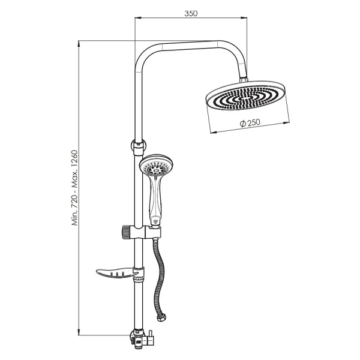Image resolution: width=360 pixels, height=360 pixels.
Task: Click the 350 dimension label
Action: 191,14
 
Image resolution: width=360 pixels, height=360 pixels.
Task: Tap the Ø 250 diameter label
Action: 250,123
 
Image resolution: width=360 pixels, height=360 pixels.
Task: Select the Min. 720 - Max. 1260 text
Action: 75,188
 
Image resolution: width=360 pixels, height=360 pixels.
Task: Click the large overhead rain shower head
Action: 245,95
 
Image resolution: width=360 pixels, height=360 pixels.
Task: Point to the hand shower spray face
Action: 156,167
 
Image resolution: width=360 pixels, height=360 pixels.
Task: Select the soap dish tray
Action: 117,272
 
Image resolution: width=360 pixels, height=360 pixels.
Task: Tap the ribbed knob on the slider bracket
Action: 125,233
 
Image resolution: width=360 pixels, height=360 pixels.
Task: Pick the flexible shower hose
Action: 158,275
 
